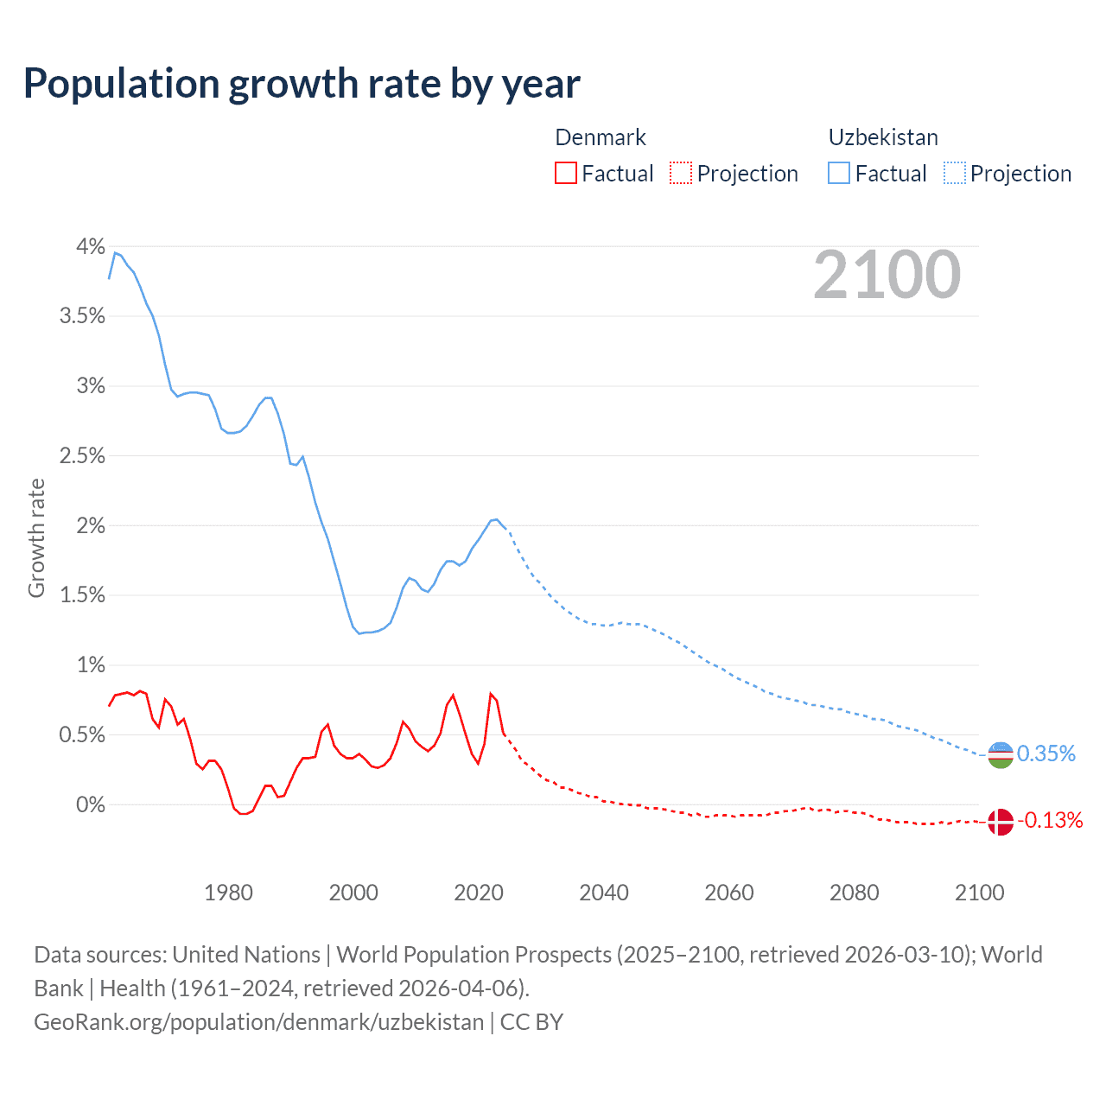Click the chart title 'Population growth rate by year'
(302, 84)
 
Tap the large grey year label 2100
(887, 275)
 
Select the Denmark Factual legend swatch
(566, 174)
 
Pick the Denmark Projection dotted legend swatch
(681, 174)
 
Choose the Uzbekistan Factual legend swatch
(839, 174)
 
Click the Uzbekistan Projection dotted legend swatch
(954, 174)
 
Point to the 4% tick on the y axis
(91, 247)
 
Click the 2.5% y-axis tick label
(82, 456)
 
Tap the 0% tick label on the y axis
(91, 805)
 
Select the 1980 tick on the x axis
(229, 893)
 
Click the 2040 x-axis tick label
(604, 893)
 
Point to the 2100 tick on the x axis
(979, 893)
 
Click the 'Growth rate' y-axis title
(36, 537)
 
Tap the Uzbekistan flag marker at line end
(1000, 755)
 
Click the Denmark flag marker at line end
(1000, 822)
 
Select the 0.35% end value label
(1046, 754)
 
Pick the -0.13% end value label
(1050, 821)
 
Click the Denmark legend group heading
(601, 137)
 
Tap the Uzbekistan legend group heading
(883, 137)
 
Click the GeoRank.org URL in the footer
(258, 1022)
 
